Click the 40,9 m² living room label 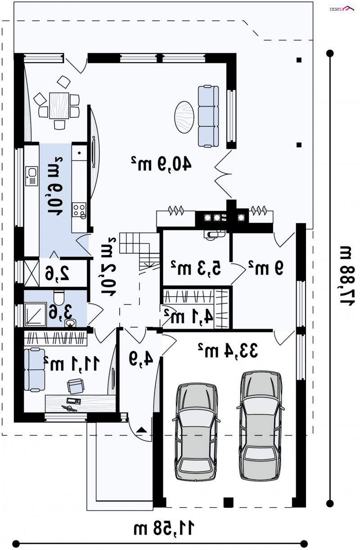pyautogui.click(x=161, y=163)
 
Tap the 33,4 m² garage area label pyautogui.click(x=228, y=350)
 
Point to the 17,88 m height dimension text pyautogui.click(x=347, y=276)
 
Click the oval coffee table pyautogui.click(x=184, y=117)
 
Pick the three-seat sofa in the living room pyautogui.click(x=208, y=116)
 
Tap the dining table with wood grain pyautogui.click(x=59, y=106)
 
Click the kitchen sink pyautogui.click(x=31, y=176)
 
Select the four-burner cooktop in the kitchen pyautogui.click(x=79, y=210)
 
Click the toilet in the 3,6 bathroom pyautogui.click(x=59, y=297)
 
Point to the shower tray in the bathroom pyautogui.click(x=35, y=314)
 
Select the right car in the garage pyautogui.click(x=261, y=425)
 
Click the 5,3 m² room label pyautogui.click(x=196, y=268)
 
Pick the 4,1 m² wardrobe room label pyautogui.click(x=189, y=316)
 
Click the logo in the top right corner pyautogui.click(x=342, y=9)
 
